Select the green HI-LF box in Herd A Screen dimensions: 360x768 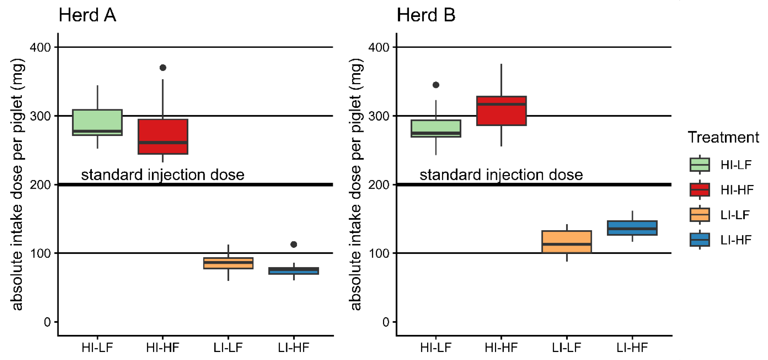[x=98, y=122]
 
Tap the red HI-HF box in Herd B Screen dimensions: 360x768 [x=501, y=111]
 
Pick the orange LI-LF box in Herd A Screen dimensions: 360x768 [x=228, y=263]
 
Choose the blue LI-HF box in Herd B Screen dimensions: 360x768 [x=632, y=228]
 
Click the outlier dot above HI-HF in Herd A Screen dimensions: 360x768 [x=163, y=68]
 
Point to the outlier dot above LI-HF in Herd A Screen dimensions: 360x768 [x=294, y=244]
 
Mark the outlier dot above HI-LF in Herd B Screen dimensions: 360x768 [x=436, y=85]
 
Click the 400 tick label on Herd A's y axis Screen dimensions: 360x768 [x=40, y=47]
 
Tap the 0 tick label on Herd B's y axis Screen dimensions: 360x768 [x=386, y=322]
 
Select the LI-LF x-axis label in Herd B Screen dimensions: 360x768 [x=567, y=347]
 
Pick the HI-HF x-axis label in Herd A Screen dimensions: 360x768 [x=163, y=347]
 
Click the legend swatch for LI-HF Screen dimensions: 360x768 [x=699, y=240]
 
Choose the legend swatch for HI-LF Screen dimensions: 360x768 [x=699, y=165]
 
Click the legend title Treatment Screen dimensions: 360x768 [x=723, y=137]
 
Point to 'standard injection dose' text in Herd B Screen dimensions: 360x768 [x=501, y=175]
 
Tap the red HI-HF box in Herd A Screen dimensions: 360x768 [x=163, y=136]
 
